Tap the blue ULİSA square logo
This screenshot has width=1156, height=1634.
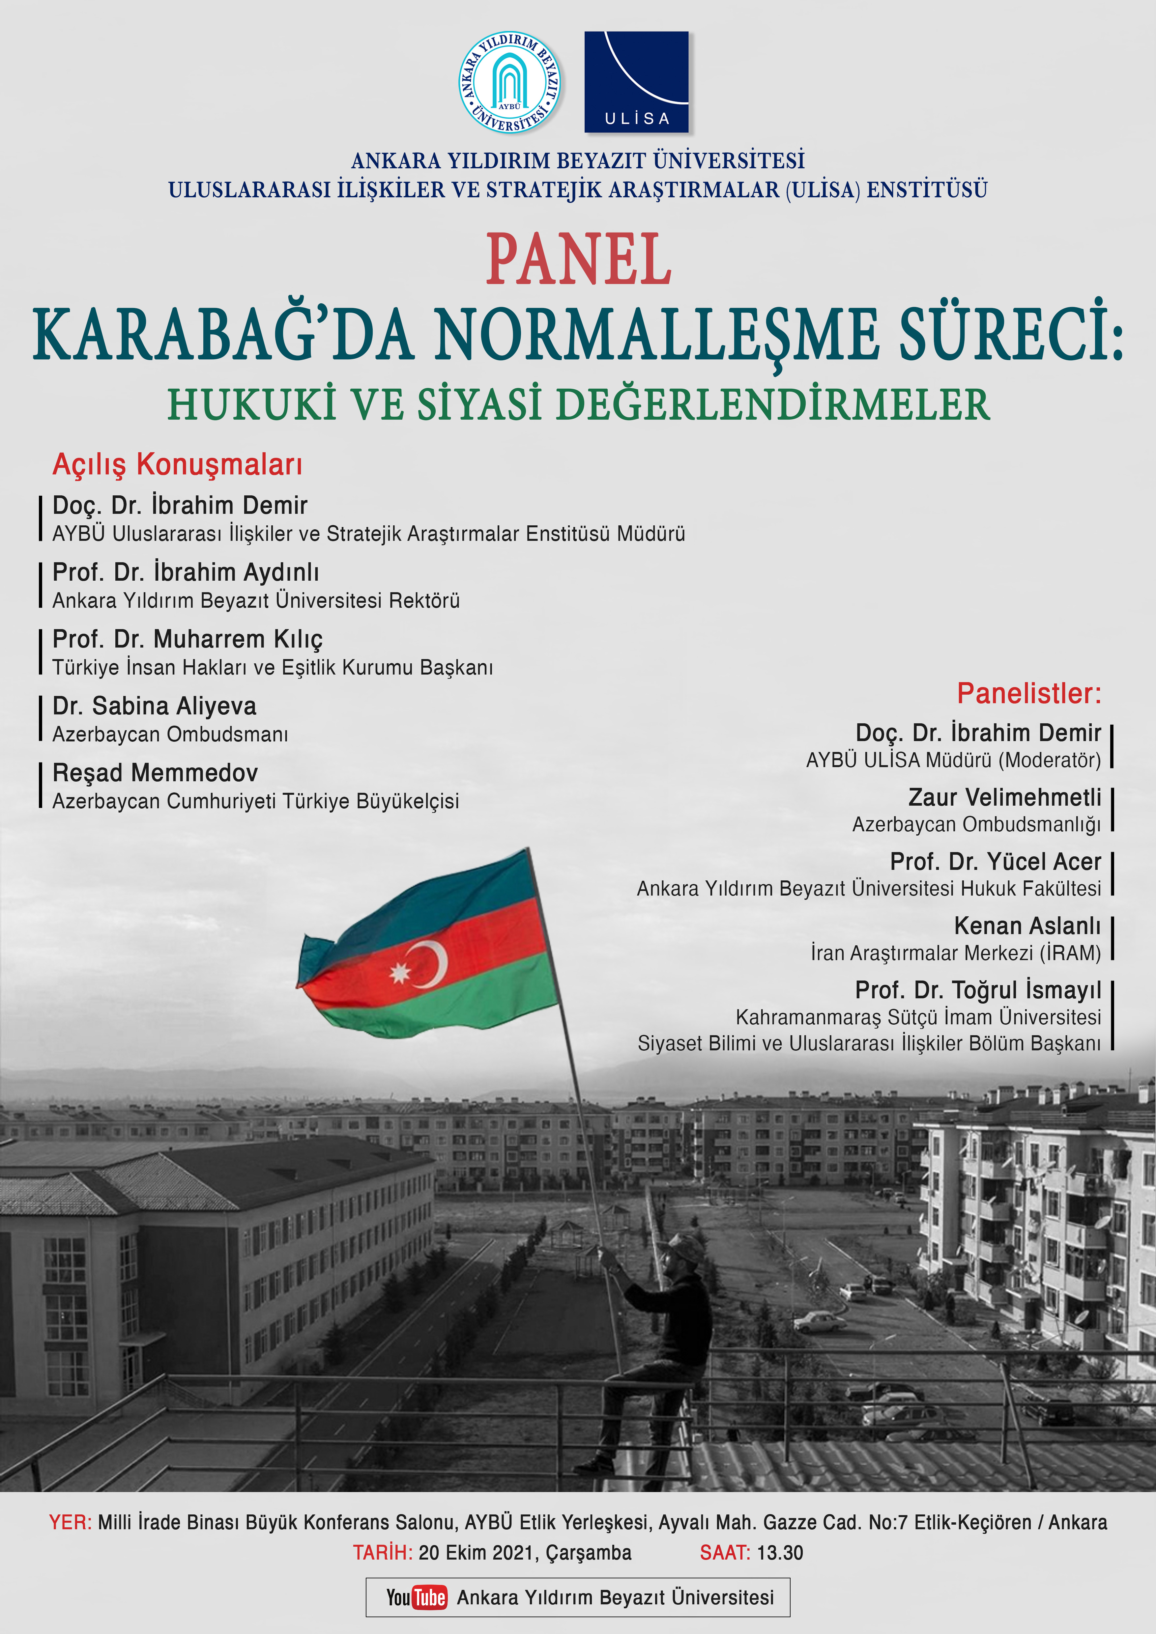click(x=636, y=82)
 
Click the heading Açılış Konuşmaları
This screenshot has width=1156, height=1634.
click(x=177, y=464)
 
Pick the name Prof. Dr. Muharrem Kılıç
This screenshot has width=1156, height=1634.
click(x=187, y=639)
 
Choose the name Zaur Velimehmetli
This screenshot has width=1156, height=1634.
click(x=1004, y=797)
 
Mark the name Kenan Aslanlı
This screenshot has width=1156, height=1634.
click(x=1027, y=926)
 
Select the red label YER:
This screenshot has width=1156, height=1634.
click(x=70, y=1522)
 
